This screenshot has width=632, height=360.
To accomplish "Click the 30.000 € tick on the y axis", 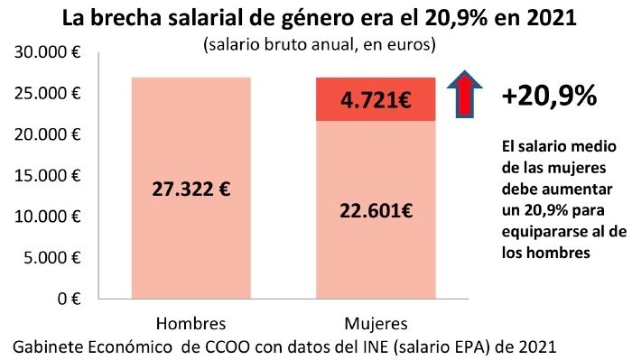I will (x=46, y=53).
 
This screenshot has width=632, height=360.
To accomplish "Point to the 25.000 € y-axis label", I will (x=46, y=94).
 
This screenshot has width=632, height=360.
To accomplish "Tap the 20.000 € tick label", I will (x=46, y=134).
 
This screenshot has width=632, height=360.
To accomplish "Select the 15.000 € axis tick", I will (x=46, y=176).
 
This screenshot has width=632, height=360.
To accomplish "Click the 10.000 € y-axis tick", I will (x=46, y=217).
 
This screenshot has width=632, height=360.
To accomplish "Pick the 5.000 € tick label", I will (x=51, y=258).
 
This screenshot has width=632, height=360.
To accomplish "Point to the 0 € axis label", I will (x=69, y=299).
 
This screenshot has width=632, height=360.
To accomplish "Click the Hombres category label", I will (x=191, y=323).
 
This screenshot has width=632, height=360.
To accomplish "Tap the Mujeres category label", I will (x=376, y=323).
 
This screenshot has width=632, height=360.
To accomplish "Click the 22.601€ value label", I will (x=376, y=211).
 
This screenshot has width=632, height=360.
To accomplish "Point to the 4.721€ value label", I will (x=376, y=100).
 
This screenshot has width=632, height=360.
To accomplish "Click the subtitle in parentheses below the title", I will (x=321, y=42).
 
